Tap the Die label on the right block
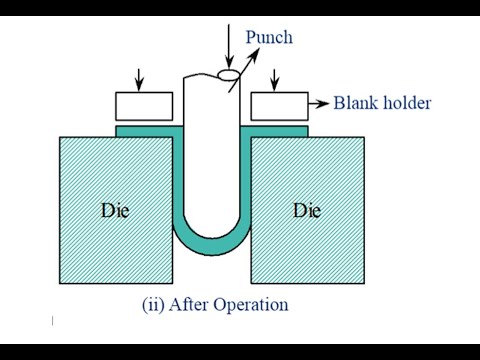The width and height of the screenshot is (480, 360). click(307, 211)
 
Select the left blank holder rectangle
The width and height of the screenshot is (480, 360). click(144, 106)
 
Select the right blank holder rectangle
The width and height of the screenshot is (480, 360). click(278, 106)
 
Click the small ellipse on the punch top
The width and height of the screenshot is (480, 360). click(229, 74)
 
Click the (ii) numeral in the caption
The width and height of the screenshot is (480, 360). click(155, 304)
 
